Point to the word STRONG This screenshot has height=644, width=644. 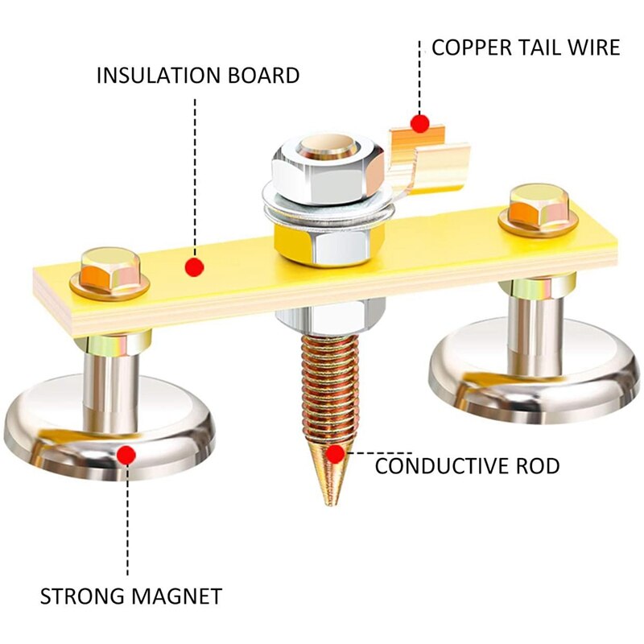(78, 597)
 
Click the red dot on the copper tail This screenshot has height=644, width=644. (419, 124)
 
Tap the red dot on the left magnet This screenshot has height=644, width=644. (124, 456)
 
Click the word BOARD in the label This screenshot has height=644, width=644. (258, 76)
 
